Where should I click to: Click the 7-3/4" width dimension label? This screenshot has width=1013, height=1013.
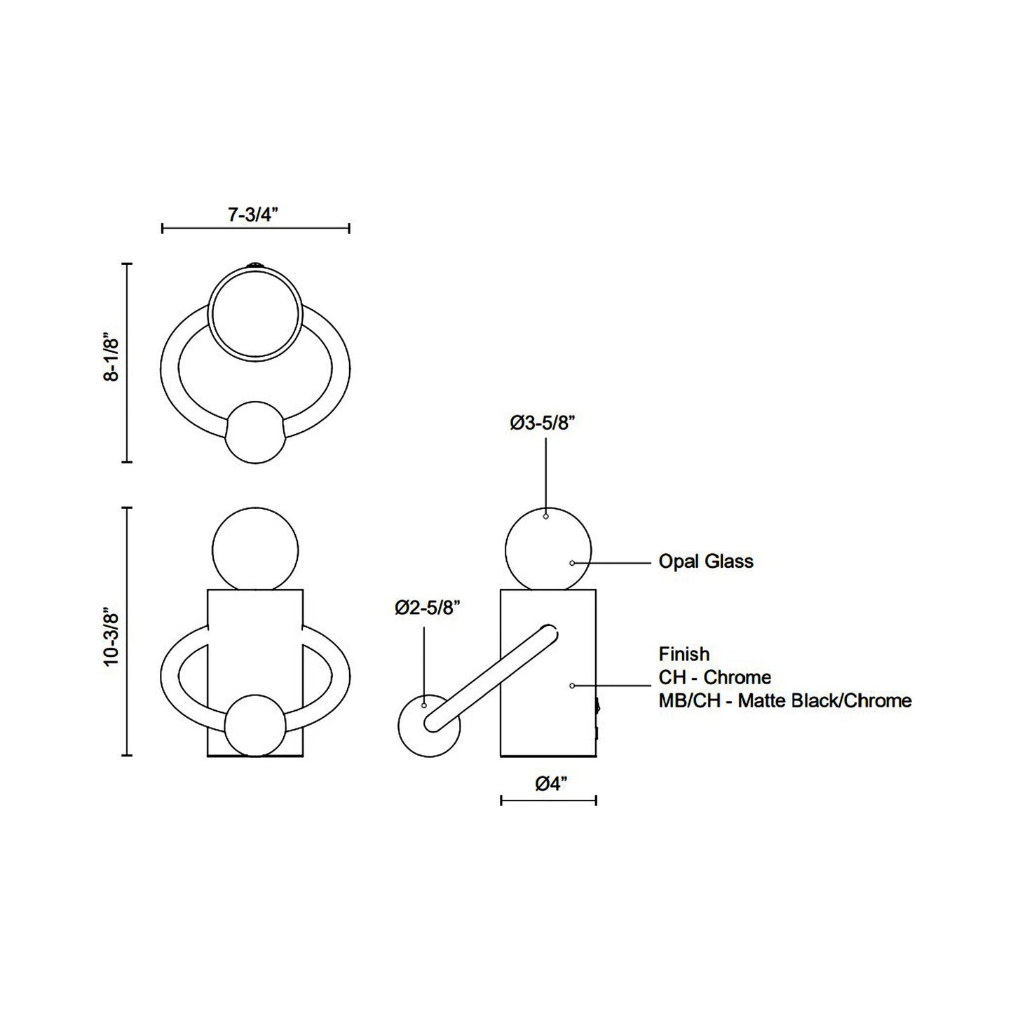[x=253, y=215]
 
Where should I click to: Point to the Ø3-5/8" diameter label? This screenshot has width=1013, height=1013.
[x=543, y=423]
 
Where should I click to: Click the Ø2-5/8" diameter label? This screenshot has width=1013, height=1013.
[x=427, y=607]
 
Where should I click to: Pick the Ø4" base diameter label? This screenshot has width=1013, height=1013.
[x=550, y=784]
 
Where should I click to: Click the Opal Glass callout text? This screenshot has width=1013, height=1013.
[x=705, y=562]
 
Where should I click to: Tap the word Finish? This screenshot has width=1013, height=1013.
[x=684, y=654]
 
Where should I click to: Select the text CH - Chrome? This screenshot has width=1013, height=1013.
[x=714, y=677]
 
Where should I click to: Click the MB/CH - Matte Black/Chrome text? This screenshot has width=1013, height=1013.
[x=784, y=700]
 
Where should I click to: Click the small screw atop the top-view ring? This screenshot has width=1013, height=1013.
[x=255, y=266]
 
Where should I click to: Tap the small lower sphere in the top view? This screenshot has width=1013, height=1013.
[x=255, y=433]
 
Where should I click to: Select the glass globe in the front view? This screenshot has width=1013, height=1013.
[x=255, y=550]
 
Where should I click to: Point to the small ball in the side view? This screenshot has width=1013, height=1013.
[x=428, y=726]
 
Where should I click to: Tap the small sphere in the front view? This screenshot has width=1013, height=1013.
[x=255, y=726]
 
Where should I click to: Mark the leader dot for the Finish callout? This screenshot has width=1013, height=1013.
[x=573, y=685]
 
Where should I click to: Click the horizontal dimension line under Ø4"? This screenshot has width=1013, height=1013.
[x=548, y=800]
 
